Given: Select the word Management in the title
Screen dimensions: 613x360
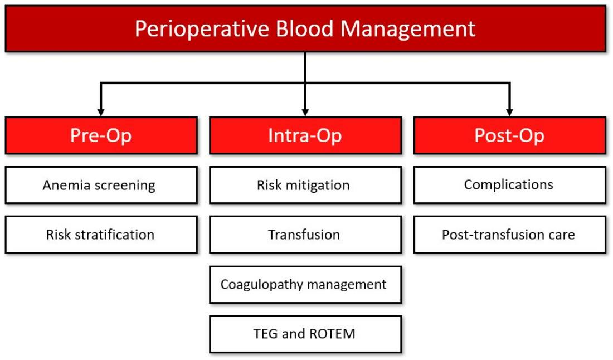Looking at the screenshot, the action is (x=408, y=30).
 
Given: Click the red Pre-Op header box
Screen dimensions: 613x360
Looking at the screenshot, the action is (x=101, y=135).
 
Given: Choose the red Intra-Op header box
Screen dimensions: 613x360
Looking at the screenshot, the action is (x=305, y=135).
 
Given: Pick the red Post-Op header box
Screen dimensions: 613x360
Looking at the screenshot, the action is (x=510, y=135).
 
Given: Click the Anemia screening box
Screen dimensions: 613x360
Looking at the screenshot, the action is (x=101, y=185).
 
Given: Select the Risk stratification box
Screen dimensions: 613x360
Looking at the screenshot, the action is (x=101, y=235).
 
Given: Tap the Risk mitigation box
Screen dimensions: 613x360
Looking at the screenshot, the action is (x=305, y=185).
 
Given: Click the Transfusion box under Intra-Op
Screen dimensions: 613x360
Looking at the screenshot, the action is (x=305, y=235).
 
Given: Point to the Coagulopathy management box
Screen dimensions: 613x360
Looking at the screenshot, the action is (x=305, y=284).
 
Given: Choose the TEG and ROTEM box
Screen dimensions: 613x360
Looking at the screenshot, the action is (x=305, y=334).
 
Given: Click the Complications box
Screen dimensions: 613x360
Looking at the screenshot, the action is (x=510, y=185).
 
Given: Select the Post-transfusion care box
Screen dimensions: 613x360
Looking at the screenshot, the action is (x=510, y=235).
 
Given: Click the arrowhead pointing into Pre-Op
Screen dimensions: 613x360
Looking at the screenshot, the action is (x=101, y=113).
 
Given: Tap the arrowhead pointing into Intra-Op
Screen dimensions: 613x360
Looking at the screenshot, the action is (x=305, y=113).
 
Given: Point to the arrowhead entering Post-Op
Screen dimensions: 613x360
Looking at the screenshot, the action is (x=509, y=113).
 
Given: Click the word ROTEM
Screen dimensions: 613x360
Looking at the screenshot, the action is (x=332, y=334).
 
